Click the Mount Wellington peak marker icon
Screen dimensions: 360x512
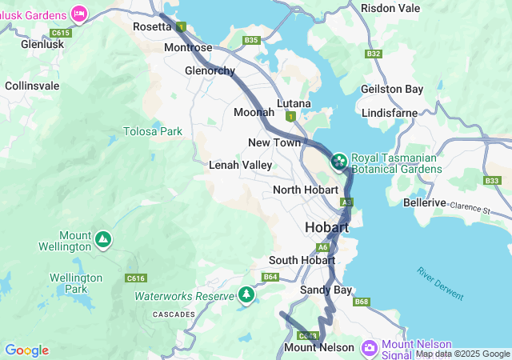pyautogui.click(x=102, y=238)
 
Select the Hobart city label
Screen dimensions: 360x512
pyautogui.click(x=326, y=228)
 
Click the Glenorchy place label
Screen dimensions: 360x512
pyautogui.click(x=210, y=70)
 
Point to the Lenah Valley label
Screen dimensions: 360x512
pyautogui.click(x=240, y=165)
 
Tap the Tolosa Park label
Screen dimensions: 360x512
pyautogui.click(x=152, y=131)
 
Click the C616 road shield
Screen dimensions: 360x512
pyautogui.click(x=136, y=278)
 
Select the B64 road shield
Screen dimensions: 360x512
pyautogui.click(x=270, y=277)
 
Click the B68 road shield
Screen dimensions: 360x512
pyautogui.click(x=362, y=302)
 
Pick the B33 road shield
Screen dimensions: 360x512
pyautogui.click(x=492, y=181)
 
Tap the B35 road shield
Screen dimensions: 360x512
pyautogui.click(x=252, y=40)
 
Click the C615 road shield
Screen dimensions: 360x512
pyautogui.click(x=60, y=33)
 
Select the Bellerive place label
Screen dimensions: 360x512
pyautogui.click(x=424, y=203)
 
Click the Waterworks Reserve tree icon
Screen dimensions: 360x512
pyautogui.click(x=246, y=295)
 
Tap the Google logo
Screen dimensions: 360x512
pyautogui.click(x=26, y=350)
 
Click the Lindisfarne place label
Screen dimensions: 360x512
pyautogui.click(x=389, y=113)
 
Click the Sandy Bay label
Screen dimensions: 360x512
pyautogui.click(x=326, y=290)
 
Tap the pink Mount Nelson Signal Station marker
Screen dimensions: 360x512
pyautogui.click(x=369, y=347)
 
